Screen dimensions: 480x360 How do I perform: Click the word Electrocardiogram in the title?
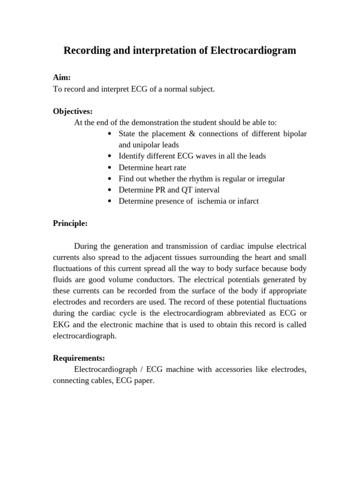(x=253, y=51)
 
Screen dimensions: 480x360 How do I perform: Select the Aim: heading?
(x=62, y=78)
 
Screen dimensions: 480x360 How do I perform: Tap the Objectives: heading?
(x=73, y=112)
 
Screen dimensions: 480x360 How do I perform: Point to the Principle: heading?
(x=70, y=224)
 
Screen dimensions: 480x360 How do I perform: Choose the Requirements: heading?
(x=79, y=359)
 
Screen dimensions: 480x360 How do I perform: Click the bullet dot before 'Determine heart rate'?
(x=109, y=168)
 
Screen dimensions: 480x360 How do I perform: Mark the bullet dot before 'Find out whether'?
(x=109, y=179)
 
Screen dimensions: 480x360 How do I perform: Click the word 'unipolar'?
(x=140, y=145)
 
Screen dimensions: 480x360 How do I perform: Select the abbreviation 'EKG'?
(x=60, y=325)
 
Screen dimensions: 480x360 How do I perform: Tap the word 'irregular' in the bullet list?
(x=269, y=179)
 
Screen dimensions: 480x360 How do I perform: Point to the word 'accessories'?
(x=236, y=370)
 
